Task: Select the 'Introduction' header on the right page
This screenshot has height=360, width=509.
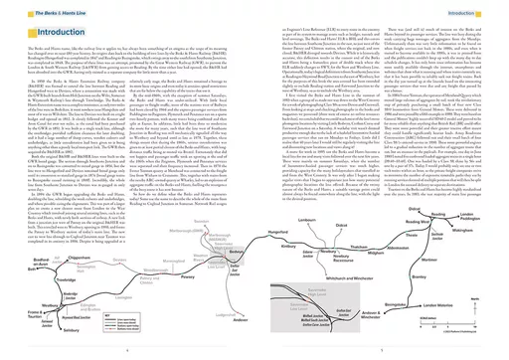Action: tap(478, 8)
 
